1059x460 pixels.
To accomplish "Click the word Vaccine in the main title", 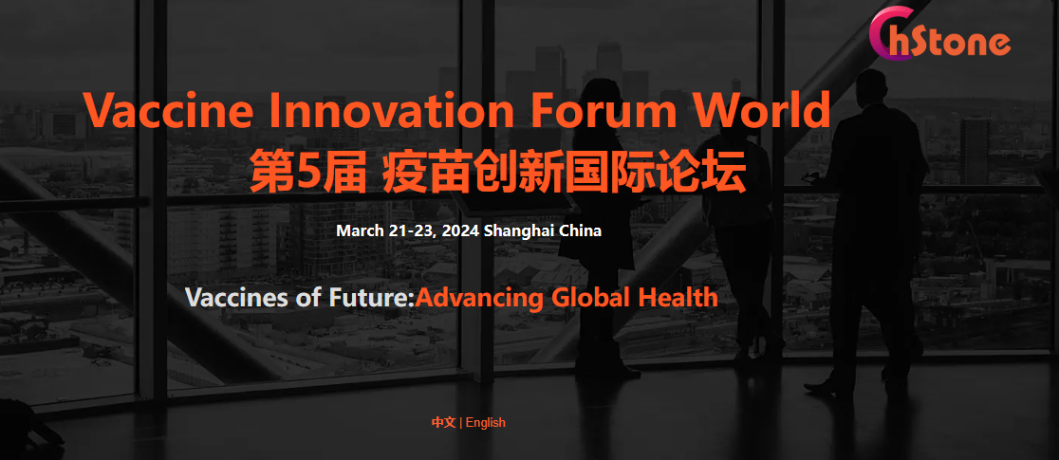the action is [169, 110].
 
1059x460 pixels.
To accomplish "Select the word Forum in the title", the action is [599, 110].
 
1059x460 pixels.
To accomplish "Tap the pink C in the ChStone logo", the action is [888, 34].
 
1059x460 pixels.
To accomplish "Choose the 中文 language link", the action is [444, 423].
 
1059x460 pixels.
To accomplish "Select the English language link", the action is [486, 423].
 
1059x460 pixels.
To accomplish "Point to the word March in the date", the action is [360, 231].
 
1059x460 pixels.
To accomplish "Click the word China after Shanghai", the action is [581, 231].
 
